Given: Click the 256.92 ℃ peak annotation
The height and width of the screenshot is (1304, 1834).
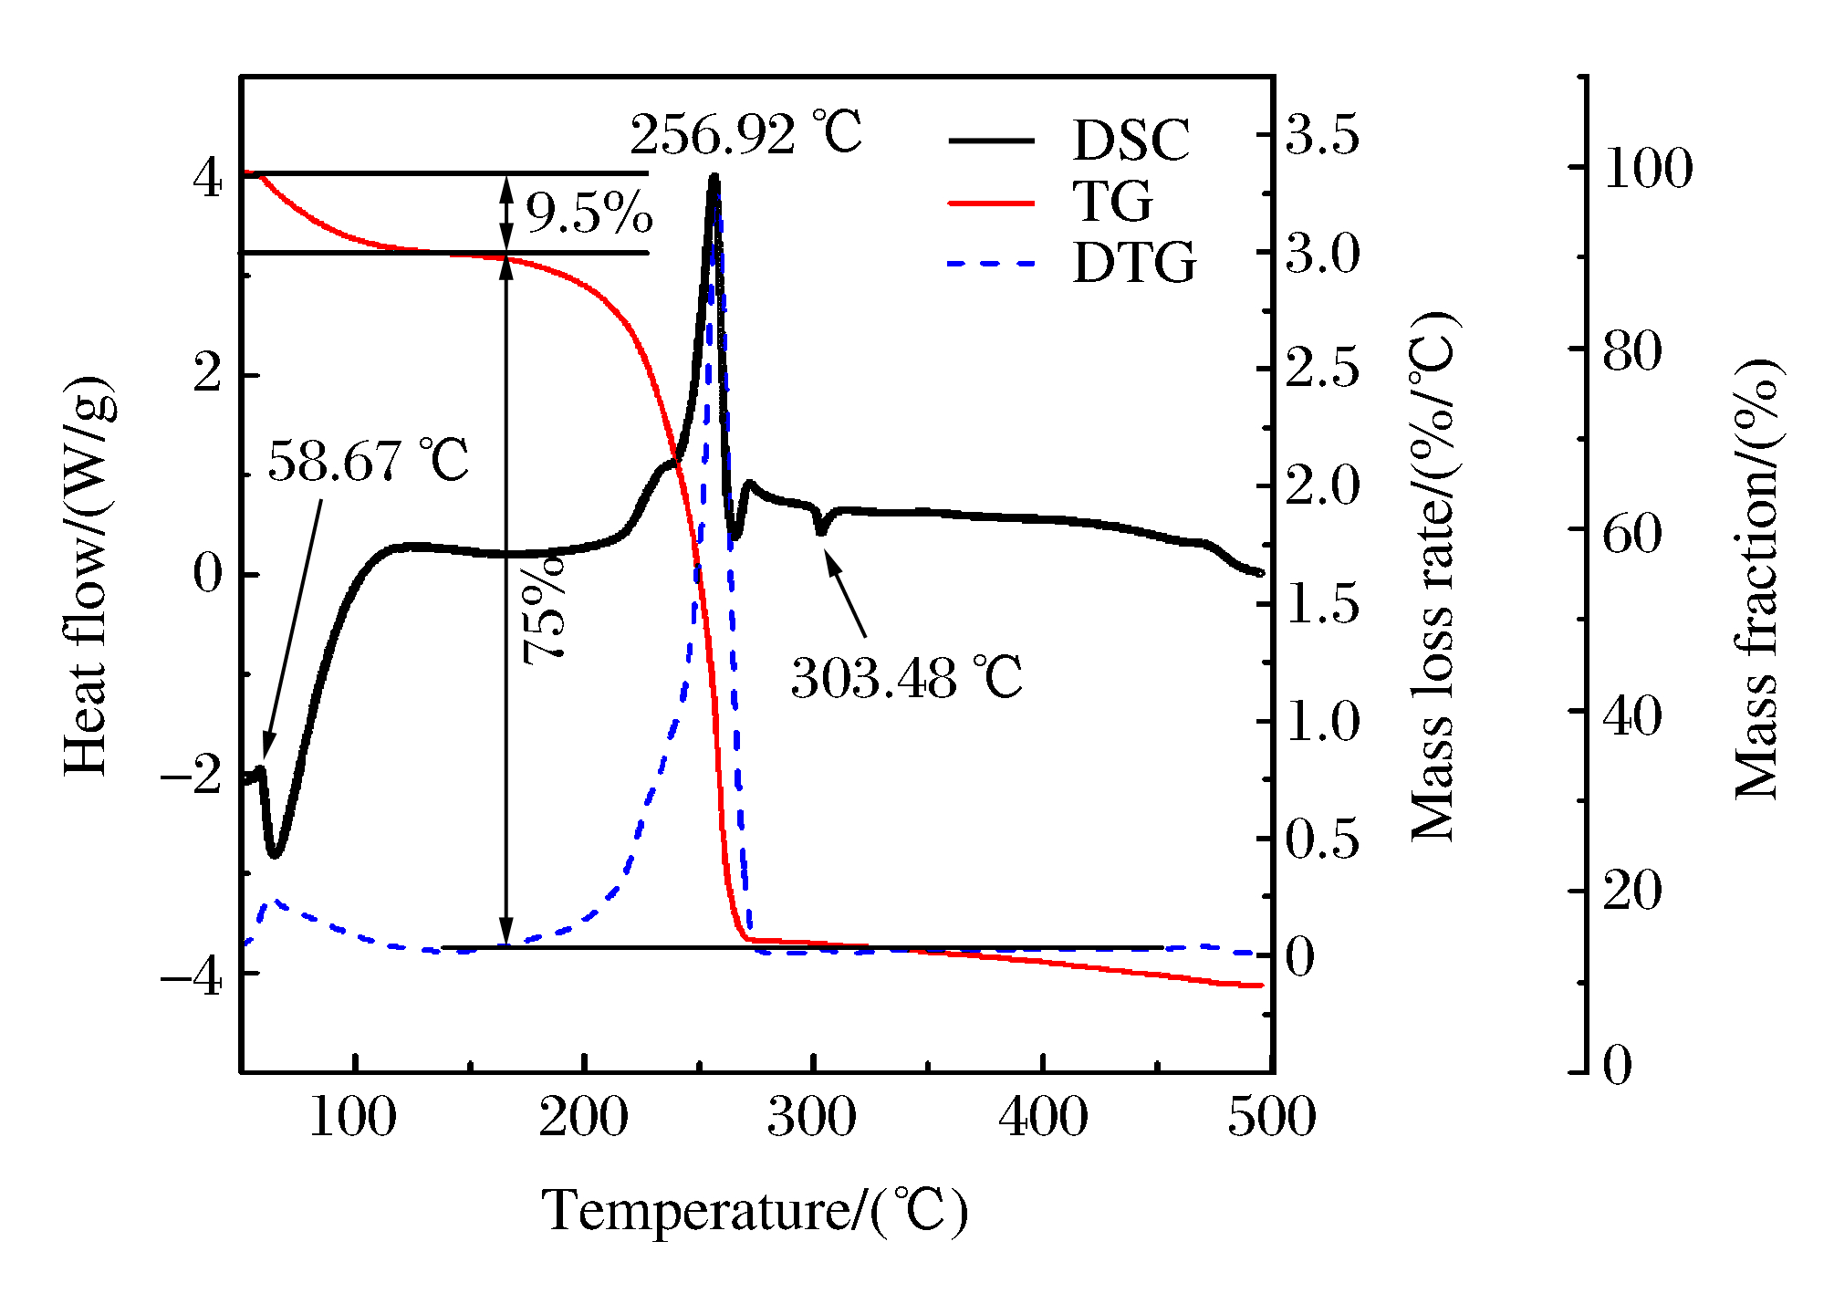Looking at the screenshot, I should coord(745,135).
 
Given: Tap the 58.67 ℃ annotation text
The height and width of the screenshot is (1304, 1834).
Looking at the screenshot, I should coord(368,461).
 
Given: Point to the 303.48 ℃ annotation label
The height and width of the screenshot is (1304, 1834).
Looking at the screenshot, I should coord(906,678).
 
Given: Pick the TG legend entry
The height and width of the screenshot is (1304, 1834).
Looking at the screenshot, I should coord(1111,202).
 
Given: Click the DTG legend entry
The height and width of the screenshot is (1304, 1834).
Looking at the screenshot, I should coord(1133,264).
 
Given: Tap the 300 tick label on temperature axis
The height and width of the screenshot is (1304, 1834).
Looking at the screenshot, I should coord(811,1118).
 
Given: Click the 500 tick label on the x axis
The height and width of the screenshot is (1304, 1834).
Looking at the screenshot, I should coord(1271,1118).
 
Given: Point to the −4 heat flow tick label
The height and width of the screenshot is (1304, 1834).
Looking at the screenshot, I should coord(192,978).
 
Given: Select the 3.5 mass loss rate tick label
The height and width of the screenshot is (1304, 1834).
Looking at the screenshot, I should coord(1322,135).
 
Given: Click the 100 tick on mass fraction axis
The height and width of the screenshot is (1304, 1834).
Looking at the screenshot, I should coord(1648,169).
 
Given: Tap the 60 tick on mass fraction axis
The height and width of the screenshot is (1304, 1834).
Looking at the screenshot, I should coord(1632,534).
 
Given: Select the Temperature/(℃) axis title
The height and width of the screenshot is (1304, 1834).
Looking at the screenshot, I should coord(755,1212).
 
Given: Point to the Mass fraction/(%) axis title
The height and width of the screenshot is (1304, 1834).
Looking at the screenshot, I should coord(1756,579).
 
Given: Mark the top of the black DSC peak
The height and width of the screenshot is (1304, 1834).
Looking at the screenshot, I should coord(714,176).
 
